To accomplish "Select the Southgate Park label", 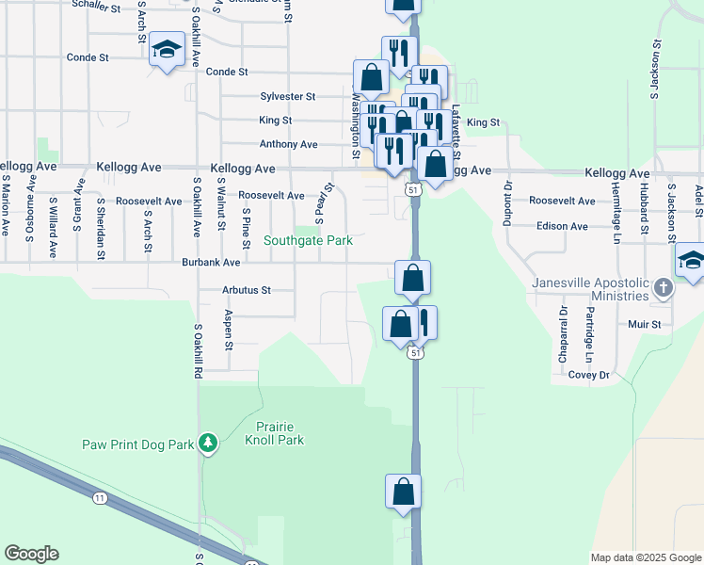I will pos(308,241).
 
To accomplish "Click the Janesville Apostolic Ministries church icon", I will pos(664,288).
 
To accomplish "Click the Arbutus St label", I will pos(246,290).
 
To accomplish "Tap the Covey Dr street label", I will pos(588,375).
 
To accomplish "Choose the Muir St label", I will pos(646,324).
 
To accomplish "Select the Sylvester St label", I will pos(287,96).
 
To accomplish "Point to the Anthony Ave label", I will pos(289,144).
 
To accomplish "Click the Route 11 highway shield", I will pos(100,496).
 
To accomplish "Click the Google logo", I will pos(31,554).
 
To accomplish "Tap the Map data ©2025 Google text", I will pos(645,557).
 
